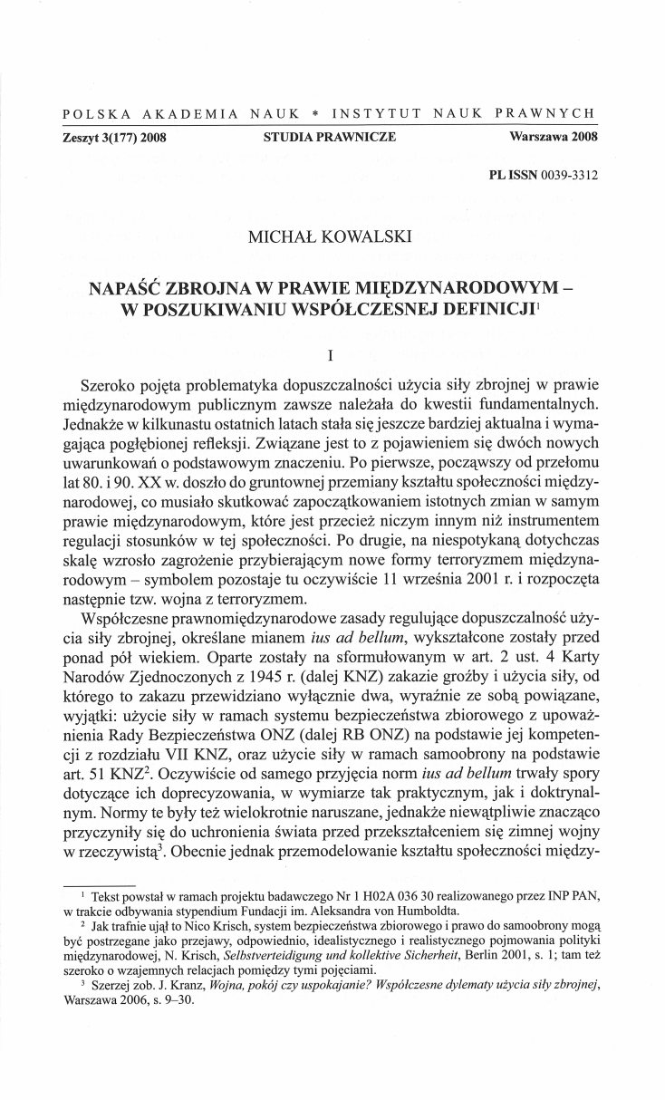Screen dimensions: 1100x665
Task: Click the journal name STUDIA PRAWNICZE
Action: pyautogui.click(x=329, y=138)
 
